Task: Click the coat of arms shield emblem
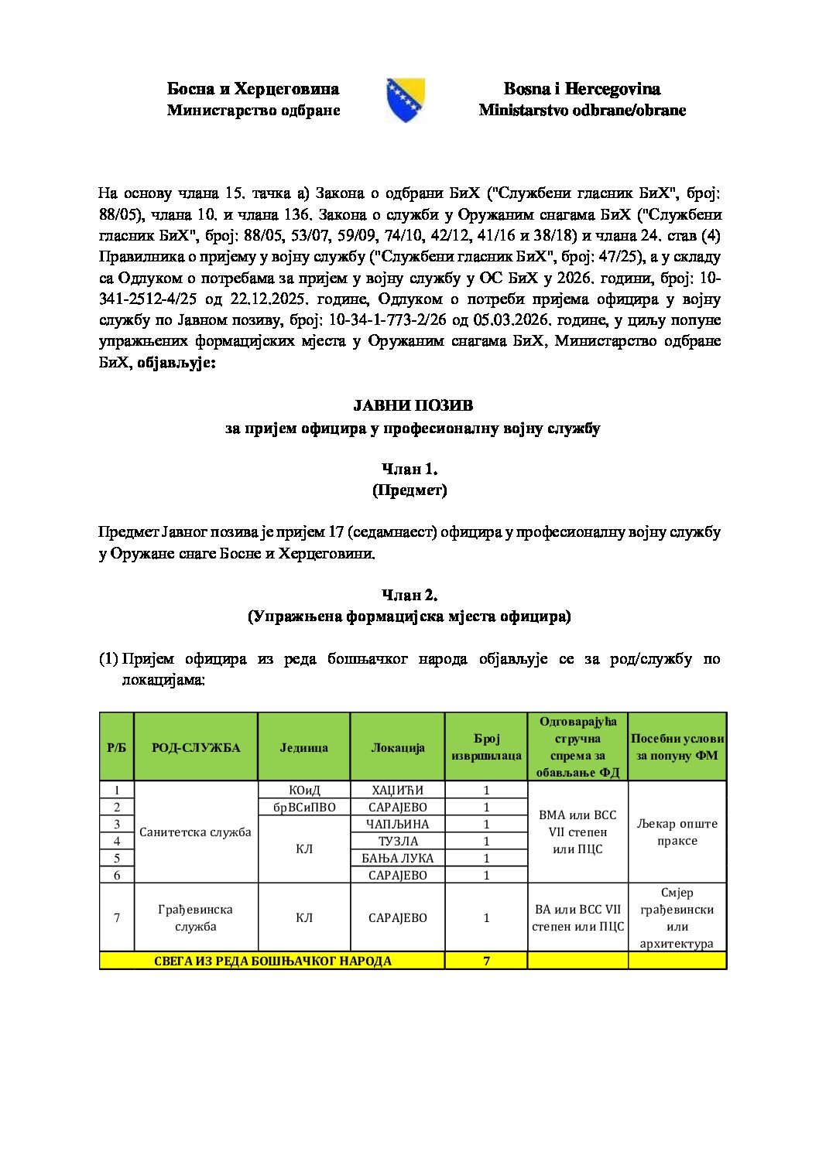click(x=405, y=100)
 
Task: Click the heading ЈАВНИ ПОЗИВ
click(x=413, y=405)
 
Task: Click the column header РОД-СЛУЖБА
click(x=195, y=747)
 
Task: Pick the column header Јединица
click(x=303, y=747)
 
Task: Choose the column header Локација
click(x=397, y=747)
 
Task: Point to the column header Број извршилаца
click(x=486, y=746)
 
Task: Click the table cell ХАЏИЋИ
click(x=397, y=790)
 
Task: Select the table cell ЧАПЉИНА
click(x=397, y=824)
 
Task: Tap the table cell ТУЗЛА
click(x=397, y=841)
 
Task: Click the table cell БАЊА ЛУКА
click(x=397, y=858)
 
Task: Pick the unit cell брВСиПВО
click(x=303, y=807)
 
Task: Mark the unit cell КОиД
click(x=303, y=790)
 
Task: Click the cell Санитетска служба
click(x=195, y=832)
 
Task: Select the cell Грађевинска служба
click(x=195, y=917)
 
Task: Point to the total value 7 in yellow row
click(x=486, y=961)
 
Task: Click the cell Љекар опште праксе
click(x=677, y=832)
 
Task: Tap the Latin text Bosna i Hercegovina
click(x=581, y=89)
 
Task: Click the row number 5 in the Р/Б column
click(x=117, y=858)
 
